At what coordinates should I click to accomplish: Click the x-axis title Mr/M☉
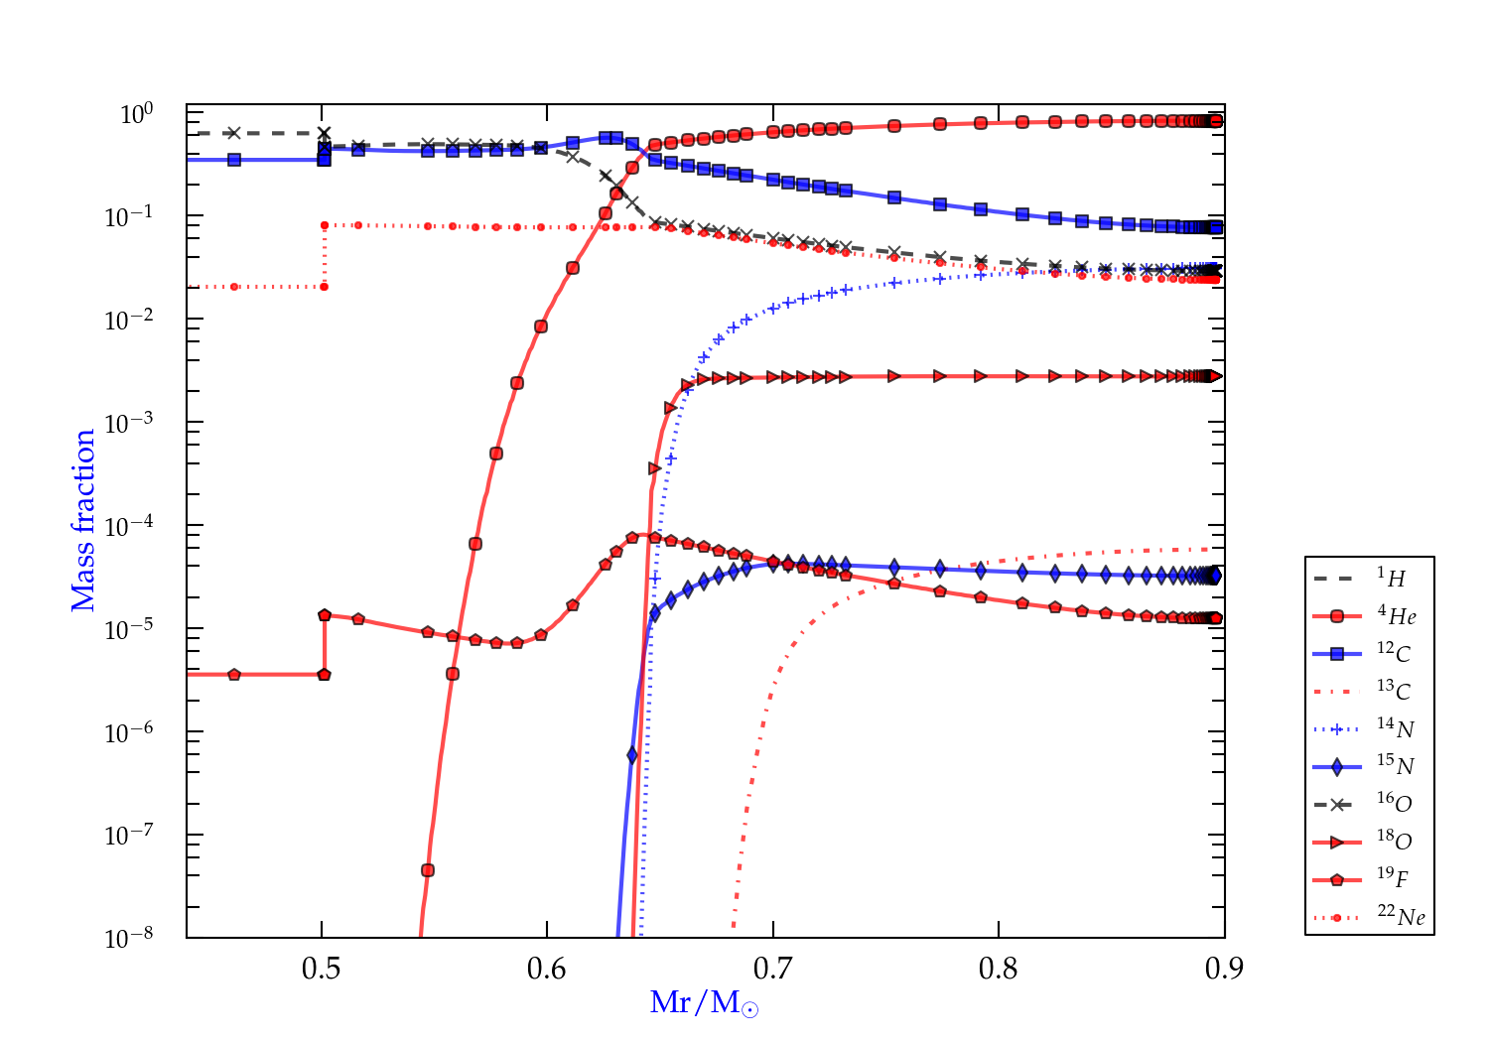coord(704,1003)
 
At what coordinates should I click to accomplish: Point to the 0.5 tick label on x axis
coord(322,969)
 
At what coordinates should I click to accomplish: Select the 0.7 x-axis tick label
coord(773,969)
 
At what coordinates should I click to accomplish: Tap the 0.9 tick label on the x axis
coord(1224,969)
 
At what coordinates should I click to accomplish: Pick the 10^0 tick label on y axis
coord(136,114)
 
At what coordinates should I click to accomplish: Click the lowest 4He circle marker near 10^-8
coord(428,870)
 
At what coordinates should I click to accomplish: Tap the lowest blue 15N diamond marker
coord(632,756)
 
